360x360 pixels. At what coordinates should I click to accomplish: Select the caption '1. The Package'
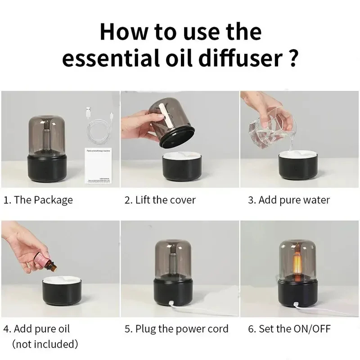38,200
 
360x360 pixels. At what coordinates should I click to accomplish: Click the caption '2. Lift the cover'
160,200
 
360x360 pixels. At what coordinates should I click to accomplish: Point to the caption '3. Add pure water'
288,200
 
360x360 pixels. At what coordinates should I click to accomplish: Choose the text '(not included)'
45,345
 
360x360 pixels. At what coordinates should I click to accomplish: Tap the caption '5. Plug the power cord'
176,329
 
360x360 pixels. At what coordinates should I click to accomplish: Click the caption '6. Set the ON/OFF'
289,329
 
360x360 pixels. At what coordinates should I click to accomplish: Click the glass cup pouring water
265,126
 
